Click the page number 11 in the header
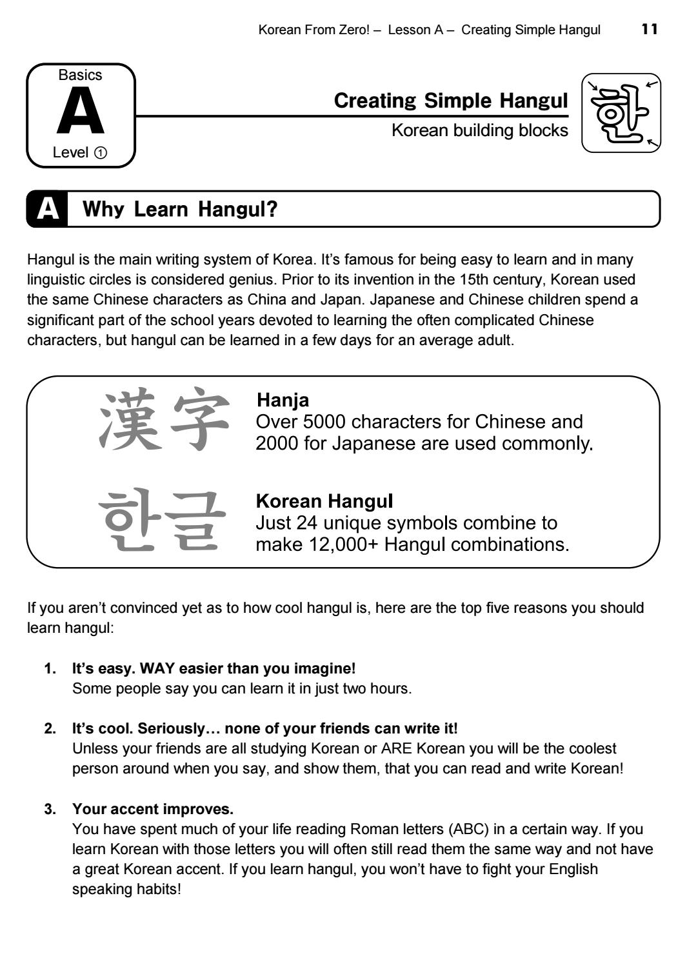(650, 30)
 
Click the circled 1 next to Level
(101, 153)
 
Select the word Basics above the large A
(81, 75)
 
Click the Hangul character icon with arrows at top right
(621, 113)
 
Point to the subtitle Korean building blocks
(480, 131)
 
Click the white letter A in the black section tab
(48, 209)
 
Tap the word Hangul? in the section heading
(237, 210)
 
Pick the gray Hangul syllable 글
(195, 521)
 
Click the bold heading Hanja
(283, 400)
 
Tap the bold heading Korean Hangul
(324, 501)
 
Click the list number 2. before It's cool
(50, 729)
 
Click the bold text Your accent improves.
(153, 809)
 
